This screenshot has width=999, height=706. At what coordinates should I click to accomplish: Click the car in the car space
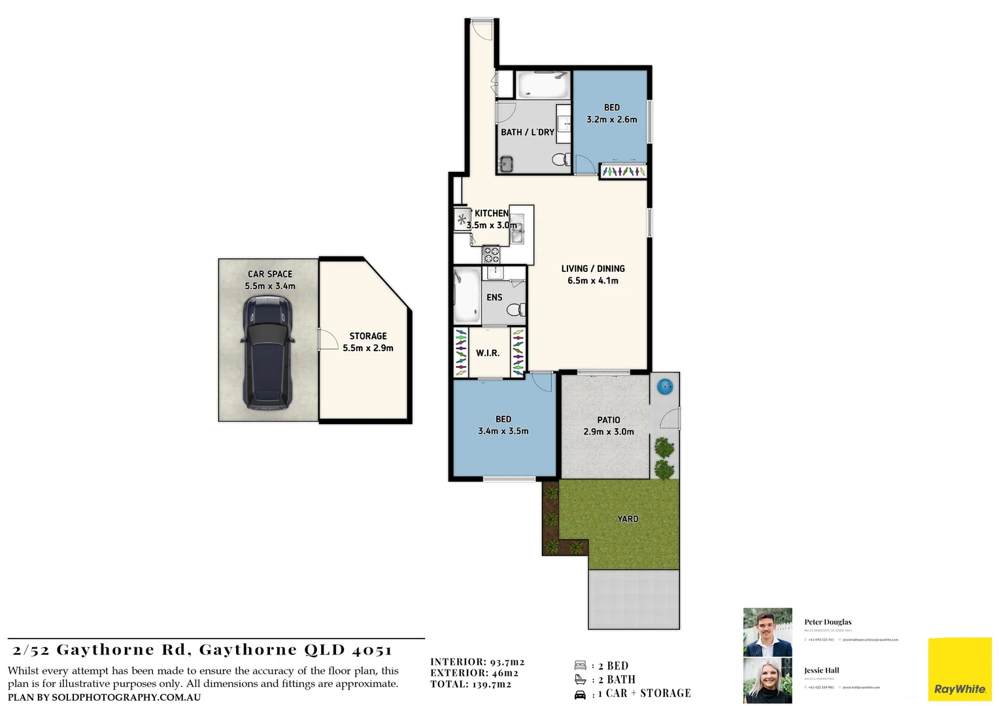coord(267,352)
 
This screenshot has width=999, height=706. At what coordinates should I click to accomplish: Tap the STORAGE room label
coord(367,336)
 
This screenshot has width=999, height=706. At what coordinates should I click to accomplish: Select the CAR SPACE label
coord(270,274)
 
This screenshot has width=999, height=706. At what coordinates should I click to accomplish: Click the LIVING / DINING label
coord(593,269)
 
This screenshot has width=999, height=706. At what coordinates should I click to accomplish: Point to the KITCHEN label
coord(492,213)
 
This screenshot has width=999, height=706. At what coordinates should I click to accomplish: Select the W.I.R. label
coord(488,353)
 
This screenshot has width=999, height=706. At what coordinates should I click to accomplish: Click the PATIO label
coord(609,420)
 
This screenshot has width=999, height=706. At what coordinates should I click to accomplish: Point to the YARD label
coord(628,519)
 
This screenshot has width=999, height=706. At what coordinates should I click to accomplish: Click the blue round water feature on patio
coord(664,386)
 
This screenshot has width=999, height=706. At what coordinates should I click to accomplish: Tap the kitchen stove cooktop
coord(491,254)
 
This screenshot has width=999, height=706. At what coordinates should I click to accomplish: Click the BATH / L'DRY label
coord(528,132)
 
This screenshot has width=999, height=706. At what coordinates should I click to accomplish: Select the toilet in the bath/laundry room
coord(561,159)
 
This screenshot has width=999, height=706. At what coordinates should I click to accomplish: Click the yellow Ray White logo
coord(960,671)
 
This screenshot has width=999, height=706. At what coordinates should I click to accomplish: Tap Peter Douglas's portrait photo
coord(768,631)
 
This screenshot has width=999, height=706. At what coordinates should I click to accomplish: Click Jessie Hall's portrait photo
coord(768,681)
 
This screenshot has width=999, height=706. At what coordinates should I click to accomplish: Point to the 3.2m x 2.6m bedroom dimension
coord(612,120)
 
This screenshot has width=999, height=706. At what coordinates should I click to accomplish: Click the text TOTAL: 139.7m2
coord(471,684)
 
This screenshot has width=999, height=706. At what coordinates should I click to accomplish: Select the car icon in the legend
coord(580,694)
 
